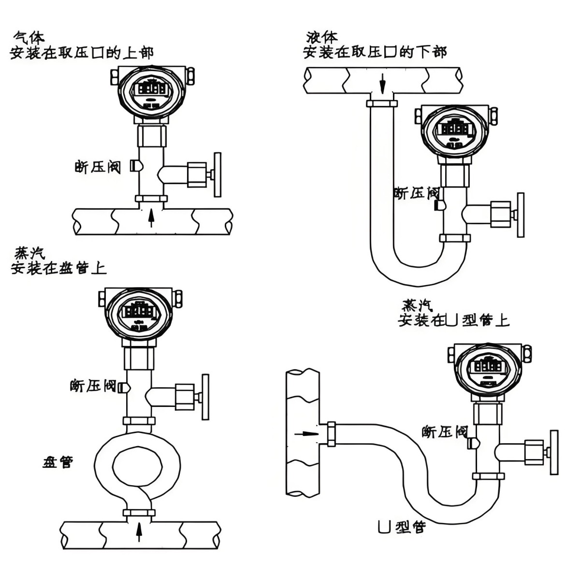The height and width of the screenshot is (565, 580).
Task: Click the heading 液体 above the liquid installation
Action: click(x=322, y=37)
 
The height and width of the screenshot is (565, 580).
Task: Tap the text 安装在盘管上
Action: click(x=58, y=268)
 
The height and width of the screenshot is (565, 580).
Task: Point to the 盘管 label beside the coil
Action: click(x=58, y=463)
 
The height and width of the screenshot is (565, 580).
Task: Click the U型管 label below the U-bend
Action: click(x=401, y=527)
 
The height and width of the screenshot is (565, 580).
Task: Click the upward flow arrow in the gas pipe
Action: click(x=151, y=217)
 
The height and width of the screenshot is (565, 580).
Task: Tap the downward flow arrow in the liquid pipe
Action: click(x=382, y=84)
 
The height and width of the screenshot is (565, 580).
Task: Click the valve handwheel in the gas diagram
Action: click(x=217, y=174)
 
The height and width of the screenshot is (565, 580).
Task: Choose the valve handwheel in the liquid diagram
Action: click(x=520, y=215)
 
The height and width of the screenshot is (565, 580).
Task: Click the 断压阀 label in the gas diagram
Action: click(x=98, y=167)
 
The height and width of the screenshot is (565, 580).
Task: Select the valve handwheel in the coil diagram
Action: click(x=205, y=397)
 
